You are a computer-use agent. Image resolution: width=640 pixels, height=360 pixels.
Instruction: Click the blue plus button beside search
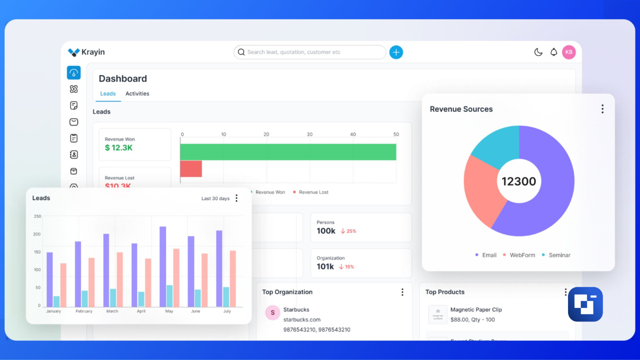click(396, 52)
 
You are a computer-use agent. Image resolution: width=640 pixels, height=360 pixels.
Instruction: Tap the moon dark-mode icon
click(538, 52)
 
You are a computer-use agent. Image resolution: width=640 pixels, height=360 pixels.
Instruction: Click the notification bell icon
click(553, 52)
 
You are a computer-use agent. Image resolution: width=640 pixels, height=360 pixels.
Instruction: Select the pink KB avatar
click(569, 52)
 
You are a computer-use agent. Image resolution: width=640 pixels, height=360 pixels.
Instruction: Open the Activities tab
click(137, 93)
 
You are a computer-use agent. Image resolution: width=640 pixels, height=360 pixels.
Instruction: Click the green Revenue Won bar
click(288, 152)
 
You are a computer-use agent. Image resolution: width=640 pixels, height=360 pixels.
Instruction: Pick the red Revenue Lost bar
click(191, 168)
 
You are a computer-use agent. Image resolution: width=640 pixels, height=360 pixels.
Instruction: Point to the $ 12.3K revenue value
click(118, 147)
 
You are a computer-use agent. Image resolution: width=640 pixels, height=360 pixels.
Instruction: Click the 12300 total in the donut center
click(518, 181)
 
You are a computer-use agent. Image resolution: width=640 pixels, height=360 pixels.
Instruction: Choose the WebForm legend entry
click(522, 255)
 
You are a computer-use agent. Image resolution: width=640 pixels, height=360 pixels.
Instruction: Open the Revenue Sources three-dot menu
click(602, 109)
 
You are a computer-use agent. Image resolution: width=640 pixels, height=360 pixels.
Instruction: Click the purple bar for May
click(163, 266)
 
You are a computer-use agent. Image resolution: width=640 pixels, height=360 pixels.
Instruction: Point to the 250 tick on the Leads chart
click(37, 216)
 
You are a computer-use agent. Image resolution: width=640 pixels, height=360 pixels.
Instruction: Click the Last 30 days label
click(215, 198)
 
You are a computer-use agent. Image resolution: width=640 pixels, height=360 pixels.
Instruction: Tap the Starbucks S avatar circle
click(272, 313)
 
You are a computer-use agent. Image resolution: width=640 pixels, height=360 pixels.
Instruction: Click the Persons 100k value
click(326, 231)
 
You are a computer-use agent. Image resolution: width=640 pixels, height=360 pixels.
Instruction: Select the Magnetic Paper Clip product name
click(476, 309)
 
